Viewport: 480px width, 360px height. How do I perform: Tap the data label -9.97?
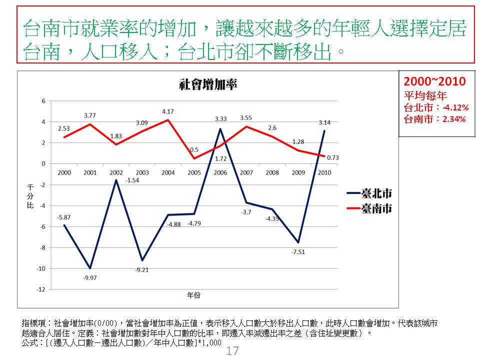(90, 277)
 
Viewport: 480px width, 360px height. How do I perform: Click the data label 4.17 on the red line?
(168, 111)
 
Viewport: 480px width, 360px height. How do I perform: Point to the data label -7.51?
(298, 251)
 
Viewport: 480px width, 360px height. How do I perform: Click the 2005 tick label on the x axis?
(194, 172)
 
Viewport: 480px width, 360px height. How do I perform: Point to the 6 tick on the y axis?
(43, 100)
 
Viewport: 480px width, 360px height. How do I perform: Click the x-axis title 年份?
(194, 295)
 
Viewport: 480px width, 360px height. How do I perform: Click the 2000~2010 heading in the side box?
(434, 81)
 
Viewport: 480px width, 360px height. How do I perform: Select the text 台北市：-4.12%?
(435, 107)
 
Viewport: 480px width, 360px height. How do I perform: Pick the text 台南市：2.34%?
(434, 119)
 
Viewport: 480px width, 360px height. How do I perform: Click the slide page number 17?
(232, 351)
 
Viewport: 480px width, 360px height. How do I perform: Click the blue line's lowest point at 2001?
(90, 268)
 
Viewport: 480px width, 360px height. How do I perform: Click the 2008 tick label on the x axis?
(272, 172)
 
